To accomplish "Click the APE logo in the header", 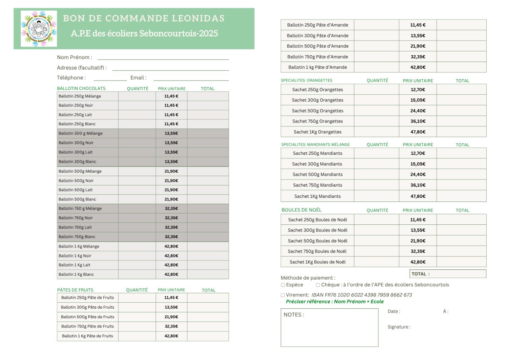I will click(39, 29).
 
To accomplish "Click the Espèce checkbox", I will click(283, 285).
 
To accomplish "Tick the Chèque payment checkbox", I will click(318, 285).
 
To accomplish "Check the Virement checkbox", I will click(283, 295).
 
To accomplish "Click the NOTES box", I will click(329, 328).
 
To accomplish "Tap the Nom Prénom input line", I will click(163, 58).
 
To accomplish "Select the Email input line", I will click(191, 79).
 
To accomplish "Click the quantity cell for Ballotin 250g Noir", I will click(137, 105).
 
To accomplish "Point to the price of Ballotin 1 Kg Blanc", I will click(171, 274).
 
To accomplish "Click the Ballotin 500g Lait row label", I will click(76, 190).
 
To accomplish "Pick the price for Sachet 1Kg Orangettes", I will click(418, 132).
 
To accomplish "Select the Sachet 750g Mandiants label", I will click(317, 185).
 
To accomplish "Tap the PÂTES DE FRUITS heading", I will click(75, 290).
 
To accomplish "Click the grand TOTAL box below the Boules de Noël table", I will click(448, 274).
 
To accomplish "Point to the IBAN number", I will click(361, 295).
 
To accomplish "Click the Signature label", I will click(399, 327).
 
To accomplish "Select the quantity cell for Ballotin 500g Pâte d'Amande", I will click(377, 46).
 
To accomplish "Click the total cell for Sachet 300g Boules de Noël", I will click(461, 230).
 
